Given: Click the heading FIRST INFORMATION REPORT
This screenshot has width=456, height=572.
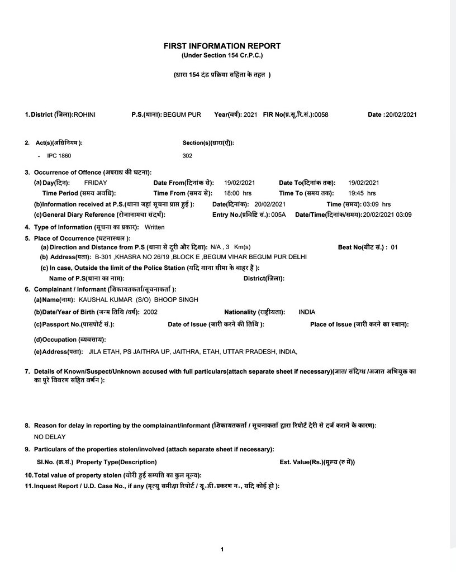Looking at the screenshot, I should (x=222, y=46).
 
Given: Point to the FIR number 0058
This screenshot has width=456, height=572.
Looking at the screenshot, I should (x=321, y=115).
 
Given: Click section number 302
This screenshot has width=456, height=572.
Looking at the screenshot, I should (x=187, y=156).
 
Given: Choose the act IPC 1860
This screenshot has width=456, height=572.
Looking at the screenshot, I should (x=59, y=156).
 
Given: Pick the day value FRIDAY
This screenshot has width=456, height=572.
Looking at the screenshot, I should (x=96, y=183).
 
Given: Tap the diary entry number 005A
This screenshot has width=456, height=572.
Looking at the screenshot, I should (x=278, y=214).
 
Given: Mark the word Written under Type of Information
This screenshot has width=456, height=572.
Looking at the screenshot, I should (x=155, y=227).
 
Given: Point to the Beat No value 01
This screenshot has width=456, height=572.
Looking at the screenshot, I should (x=394, y=247).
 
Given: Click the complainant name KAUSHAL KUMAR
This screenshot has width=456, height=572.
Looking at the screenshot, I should (x=102, y=299).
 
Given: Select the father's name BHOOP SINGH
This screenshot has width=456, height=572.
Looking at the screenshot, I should (x=176, y=299).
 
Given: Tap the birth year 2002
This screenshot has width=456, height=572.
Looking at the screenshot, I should (x=150, y=312).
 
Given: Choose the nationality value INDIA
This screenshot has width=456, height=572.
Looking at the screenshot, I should (x=307, y=312).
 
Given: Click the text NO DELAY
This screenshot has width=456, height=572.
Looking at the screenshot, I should (x=50, y=437).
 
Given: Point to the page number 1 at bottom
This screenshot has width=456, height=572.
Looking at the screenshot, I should (x=222, y=550).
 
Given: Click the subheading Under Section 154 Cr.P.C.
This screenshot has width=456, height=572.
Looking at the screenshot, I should (x=222, y=56).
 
